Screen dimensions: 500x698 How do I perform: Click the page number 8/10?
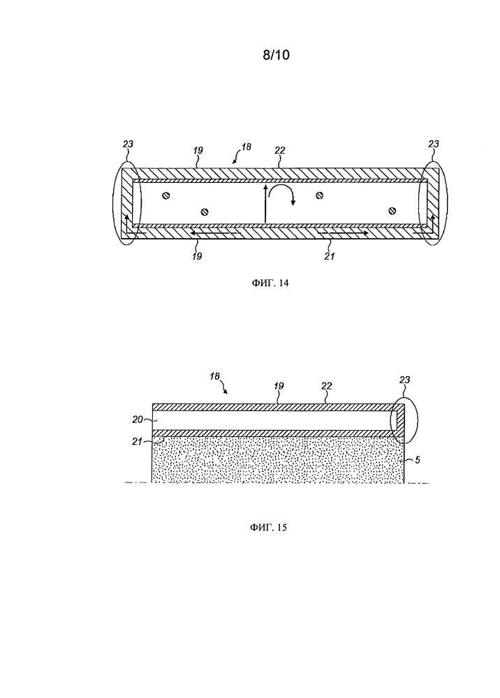point(276,54)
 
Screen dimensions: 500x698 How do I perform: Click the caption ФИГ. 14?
point(270,283)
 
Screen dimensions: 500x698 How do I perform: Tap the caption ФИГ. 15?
point(268,528)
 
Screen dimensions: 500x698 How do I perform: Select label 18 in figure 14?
point(247,147)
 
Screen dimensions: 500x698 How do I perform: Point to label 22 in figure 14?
point(279,151)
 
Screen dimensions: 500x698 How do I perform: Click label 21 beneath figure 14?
point(330,256)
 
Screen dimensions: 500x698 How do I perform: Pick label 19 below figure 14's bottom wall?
point(197,256)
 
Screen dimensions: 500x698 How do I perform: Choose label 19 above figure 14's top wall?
point(198,151)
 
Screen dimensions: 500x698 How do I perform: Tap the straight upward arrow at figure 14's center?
point(265,204)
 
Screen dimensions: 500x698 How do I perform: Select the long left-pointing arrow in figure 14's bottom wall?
point(214,232)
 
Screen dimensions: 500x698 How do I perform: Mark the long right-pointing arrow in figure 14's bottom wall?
point(342,232)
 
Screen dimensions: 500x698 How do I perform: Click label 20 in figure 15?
point(137,419)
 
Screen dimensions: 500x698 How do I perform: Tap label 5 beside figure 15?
point(417,460)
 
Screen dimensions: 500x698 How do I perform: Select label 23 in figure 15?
point(405,380)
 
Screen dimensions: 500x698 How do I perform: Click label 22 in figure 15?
point(327,385)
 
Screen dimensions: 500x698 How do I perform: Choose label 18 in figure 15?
point(214,376)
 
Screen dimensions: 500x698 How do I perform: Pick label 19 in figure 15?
point(279,385)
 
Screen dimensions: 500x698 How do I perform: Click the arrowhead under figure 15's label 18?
point(226,392)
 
